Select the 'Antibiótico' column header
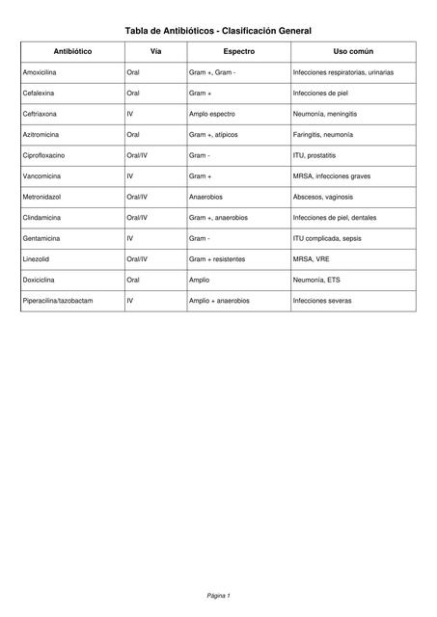coord(72,50)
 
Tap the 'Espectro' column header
coord(238,50)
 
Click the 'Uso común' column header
coord(353,50)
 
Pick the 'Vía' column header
coord(155,50)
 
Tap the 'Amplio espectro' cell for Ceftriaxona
coord(211,114)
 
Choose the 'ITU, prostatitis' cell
coord(314,155)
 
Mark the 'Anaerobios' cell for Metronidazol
coord(207,197)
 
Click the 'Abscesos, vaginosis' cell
coord(322,197)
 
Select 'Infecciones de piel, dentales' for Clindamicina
coord(334,218)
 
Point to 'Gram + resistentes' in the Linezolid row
coord(217,259)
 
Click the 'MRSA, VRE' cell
coord(310,259)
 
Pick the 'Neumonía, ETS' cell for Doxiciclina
coord(315,280)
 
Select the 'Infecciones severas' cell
coord(321,301)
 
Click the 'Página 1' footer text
coord(218,596)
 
